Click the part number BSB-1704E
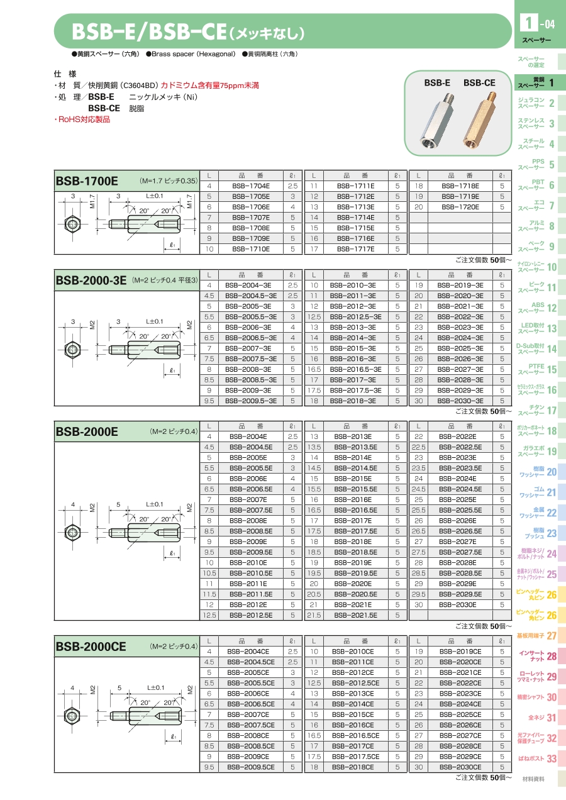(x=251, y=186)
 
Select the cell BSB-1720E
(x=460, y=207)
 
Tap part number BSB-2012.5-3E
(x=356, y=317)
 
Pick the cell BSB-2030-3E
(x=460, y=401)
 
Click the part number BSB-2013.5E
(x=356, y=447)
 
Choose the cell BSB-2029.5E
(x=460, y=594)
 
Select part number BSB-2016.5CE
(x=356, y=736)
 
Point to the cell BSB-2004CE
(x=251, y=652)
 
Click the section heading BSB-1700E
(x=87, y=181)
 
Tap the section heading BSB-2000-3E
(x=91, y=281)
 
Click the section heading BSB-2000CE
(x=91, y=647)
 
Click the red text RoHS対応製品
(x=82, y=119)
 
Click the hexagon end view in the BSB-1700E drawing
(x=73, y=225)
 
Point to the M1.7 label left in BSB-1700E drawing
(x=92, y=201)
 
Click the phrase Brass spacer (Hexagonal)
(x=194, y=54)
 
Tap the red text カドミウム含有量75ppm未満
(x=210, y=86)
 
